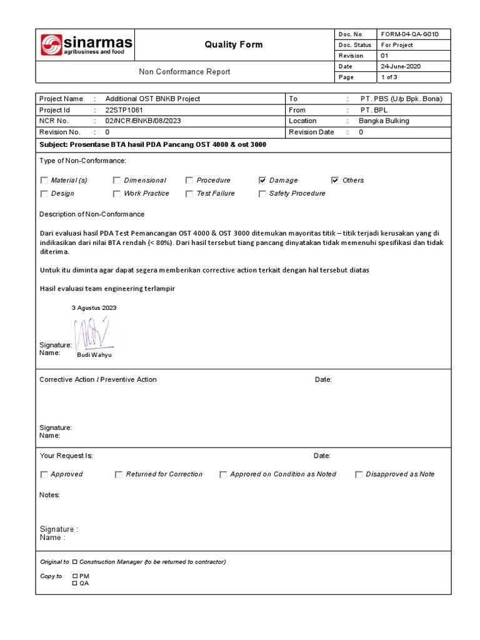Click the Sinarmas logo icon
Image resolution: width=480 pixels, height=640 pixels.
click(51, 45)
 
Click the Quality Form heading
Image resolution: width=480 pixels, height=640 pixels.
click(234, 44)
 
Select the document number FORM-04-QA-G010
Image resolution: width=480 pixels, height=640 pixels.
click(406, 34)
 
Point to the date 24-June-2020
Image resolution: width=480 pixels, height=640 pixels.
click(400, 66)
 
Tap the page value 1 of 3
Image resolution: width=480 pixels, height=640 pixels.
click(389, 77)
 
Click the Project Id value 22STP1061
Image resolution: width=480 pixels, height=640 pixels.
click(124, 110)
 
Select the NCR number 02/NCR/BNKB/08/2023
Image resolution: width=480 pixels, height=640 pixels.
click(143, 121)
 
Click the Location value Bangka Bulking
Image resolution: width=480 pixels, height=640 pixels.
click(384, 121)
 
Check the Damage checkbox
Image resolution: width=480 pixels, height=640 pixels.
click(262, 180)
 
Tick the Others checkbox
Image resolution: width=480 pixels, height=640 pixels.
click(335, 180)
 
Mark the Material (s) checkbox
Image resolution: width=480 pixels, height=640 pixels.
click(44, 180)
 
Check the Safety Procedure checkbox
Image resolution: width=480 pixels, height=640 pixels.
click(262, 194)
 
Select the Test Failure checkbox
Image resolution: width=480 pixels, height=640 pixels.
click(189, 194)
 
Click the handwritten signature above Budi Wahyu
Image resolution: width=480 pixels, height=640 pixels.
click(91, 333)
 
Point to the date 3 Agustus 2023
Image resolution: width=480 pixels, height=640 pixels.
click(94, 307)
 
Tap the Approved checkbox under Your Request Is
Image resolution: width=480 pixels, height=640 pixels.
click(44, 474)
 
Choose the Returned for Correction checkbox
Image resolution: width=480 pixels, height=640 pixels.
click(119, 474)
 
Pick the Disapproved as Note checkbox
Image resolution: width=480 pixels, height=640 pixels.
click(359, 474)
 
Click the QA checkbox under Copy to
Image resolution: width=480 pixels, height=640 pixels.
click(75, 583)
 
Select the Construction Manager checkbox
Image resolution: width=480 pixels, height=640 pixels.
click(75, 562)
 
